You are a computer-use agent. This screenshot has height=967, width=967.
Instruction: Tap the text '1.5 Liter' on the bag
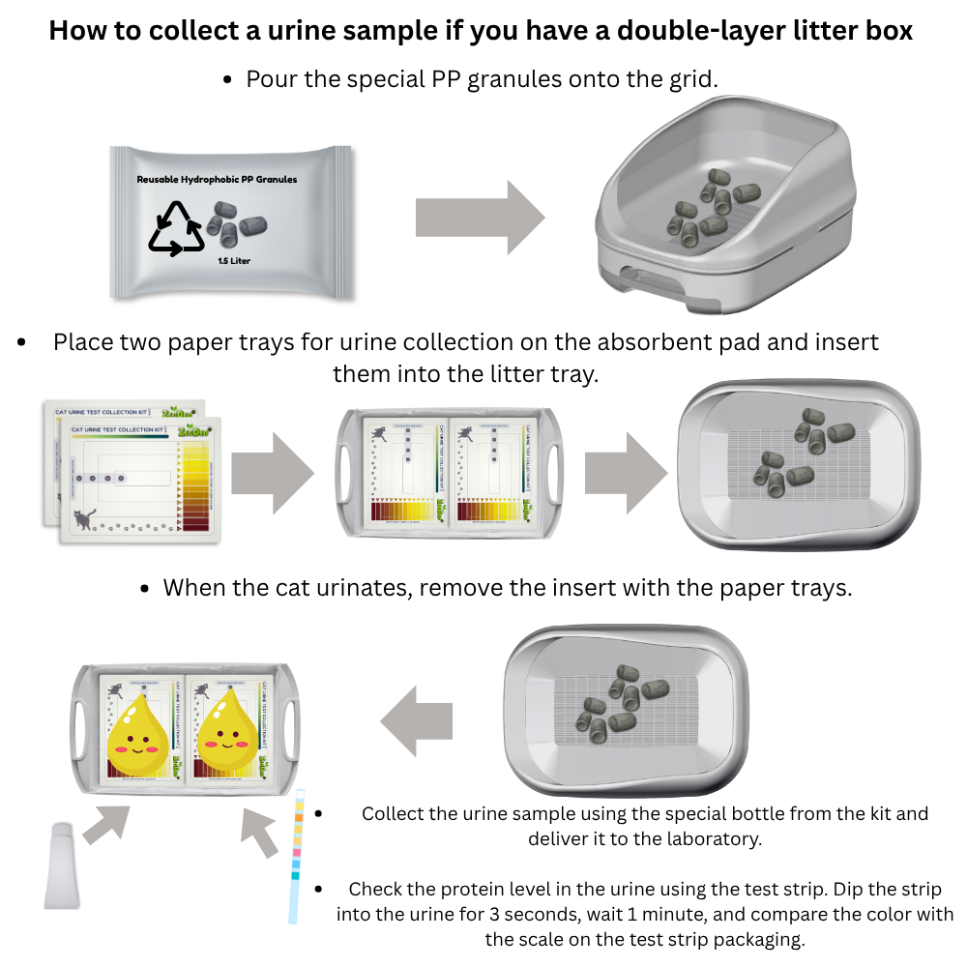coord(235,260)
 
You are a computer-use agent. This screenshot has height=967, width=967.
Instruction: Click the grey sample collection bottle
coord(61,865)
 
